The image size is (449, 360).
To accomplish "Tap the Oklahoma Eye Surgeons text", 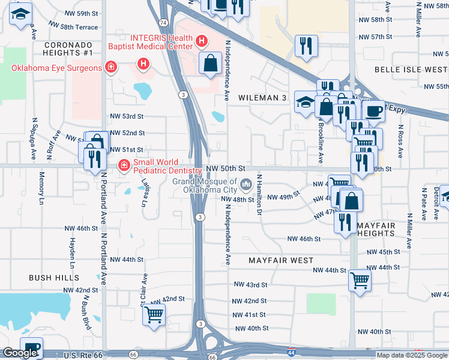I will tap(56, 68).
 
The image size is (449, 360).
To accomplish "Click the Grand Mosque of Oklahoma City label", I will tap(205, 186).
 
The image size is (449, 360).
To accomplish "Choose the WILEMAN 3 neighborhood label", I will tap(262, 98).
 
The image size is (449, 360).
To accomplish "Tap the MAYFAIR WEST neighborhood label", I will tap(281, 260).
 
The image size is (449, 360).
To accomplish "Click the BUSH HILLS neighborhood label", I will tap(54, 278).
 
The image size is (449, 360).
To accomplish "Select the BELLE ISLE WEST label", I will tap(411, 70).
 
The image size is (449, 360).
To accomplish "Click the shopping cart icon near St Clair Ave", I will tap(154, 313).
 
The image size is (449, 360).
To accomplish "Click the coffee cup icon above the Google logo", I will tap(30, 347).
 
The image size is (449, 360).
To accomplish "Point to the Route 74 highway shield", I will tap(164, 22).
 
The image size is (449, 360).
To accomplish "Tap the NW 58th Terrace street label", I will tap(73, 27).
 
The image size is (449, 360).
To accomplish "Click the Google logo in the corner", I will tap(20, 353).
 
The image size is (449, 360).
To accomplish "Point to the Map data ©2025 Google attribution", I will tap(412, 355).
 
